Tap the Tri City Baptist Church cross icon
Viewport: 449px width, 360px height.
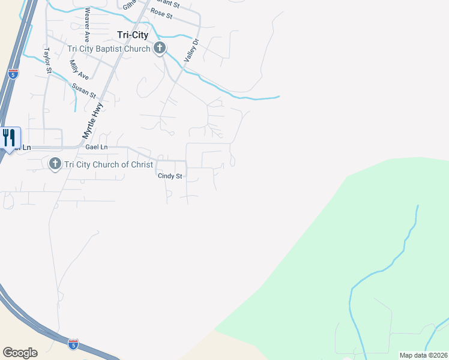point(159,49)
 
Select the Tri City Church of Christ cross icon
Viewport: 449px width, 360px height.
point(55,163)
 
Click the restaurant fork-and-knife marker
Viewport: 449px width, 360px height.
point(9,138)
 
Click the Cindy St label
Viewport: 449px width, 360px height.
point(169,176)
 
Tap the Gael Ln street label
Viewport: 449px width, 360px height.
point(96,147)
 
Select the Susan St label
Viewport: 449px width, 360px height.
point(83,91)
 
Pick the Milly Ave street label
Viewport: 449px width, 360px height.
point(79,70)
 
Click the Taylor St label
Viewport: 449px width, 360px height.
point(47,60)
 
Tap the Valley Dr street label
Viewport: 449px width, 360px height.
point(191,50)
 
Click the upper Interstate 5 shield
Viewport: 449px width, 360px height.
point(13,74)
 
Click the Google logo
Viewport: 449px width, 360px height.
point(20,353)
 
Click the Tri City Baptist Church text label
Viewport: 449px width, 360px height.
point(109,49)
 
